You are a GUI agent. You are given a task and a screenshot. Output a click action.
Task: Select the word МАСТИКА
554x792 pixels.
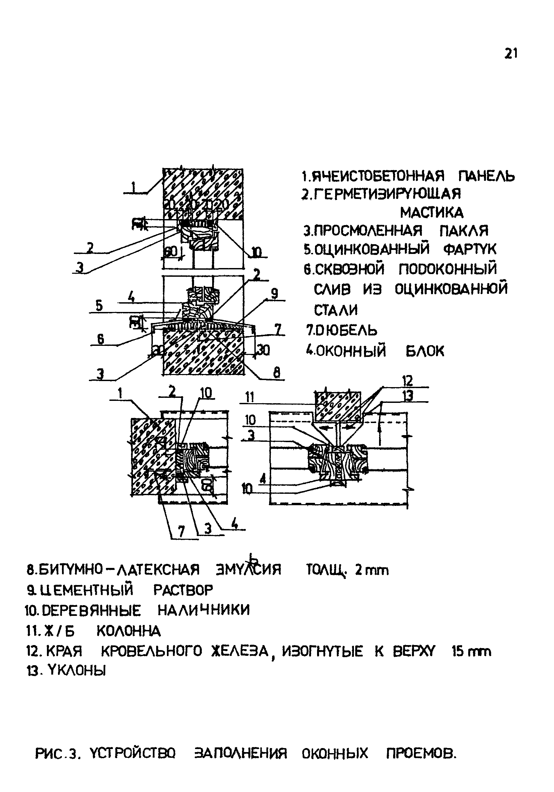(432, 212)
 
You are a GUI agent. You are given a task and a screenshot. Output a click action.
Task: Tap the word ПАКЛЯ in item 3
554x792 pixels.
(464, 230)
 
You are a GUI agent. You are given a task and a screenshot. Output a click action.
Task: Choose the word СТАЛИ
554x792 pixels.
(336, 310)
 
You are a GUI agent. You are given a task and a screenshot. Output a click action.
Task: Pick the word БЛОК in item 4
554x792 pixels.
(425, 351)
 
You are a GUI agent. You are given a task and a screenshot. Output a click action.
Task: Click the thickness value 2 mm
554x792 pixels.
(372, 571)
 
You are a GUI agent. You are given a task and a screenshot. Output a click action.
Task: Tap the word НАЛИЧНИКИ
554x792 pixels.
(203, 611)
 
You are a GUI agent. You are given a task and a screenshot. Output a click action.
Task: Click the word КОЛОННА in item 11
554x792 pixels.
(129, 631)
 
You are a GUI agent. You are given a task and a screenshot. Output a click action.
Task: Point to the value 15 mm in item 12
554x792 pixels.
(471, 651)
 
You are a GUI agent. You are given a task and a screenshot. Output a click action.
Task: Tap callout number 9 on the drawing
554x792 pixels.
(274, 294)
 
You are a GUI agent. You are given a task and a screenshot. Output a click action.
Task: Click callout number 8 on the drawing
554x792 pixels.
(277, 373)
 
